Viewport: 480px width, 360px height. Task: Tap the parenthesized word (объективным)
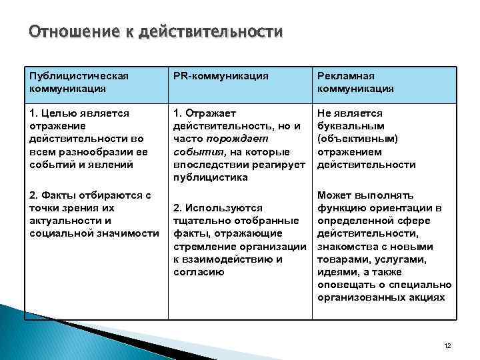pos(358,139)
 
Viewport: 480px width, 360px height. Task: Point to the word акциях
pos(428,297)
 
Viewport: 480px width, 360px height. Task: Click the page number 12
pos(447,345)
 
